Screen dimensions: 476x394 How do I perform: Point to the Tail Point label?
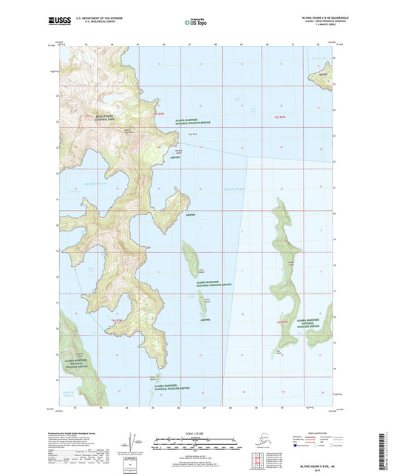(279, 350)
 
